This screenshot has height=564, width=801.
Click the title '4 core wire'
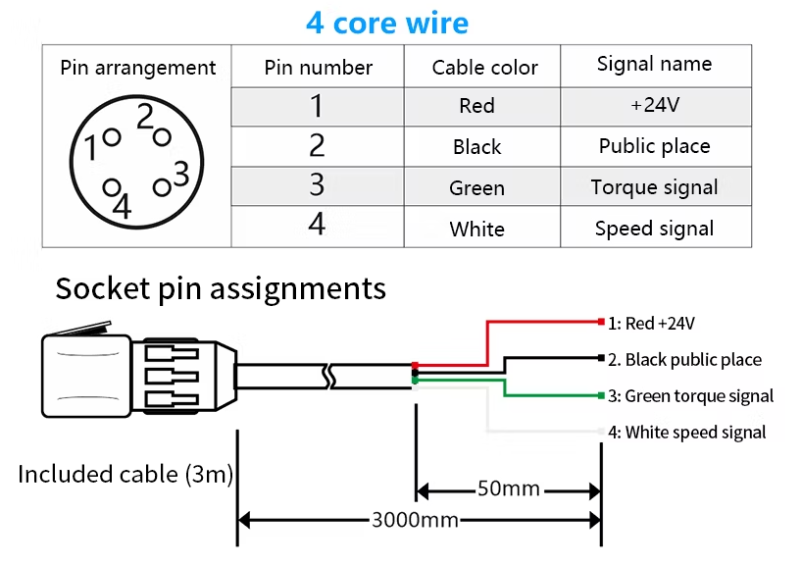click(x=387, y=23)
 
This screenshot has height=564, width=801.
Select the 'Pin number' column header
click(x=318, y=68)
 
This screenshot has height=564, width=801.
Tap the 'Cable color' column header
click(x=484, y=68)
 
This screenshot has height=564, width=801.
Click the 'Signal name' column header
click(x=654, y=65)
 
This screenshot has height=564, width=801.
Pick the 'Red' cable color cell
click(x=476, y=106)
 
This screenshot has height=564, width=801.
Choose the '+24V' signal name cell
click(x=655, y=105)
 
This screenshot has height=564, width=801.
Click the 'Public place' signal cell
click(x=654, y=146)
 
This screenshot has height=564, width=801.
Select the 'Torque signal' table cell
click(x=654, y=187)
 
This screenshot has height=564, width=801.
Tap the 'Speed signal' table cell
click(x=654, y=229)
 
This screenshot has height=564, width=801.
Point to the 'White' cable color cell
click(x=476, y=229)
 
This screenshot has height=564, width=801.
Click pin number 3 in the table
click(x=317, y=185)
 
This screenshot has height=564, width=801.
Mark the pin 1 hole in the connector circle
click(x=111, y=139)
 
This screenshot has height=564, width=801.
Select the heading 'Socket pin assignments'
click(x=221, y=288)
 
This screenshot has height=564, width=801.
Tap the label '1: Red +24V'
click(x=652, y=322)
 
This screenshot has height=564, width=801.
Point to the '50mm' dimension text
click(x=509, y=488)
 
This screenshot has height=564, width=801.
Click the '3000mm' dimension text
click(x=415, y=520)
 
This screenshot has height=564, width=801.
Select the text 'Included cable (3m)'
click(x=125, y=475)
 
